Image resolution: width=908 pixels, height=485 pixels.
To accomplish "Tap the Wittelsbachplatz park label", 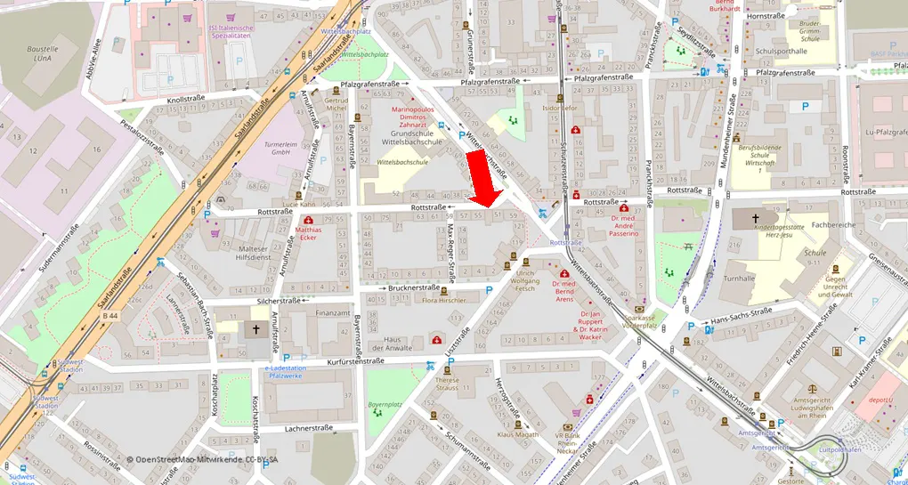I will coord(365,54).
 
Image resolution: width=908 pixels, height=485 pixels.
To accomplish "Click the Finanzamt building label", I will coord(334,313).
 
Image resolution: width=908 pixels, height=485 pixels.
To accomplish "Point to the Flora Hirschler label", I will coord(443,301).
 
